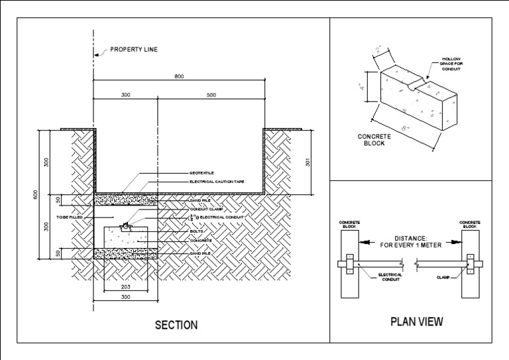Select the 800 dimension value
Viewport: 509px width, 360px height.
pos(179,76)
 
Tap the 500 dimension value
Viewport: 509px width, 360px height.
pos(211,95)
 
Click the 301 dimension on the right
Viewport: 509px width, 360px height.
pos(308,161)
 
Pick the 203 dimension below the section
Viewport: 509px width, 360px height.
pos(125,287)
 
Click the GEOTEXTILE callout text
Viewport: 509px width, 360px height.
pos(201,173)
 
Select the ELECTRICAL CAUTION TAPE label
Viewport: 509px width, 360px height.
pos(217,181)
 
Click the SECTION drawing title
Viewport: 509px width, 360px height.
pos(176,325)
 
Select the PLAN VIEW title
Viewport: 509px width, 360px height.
pos(417,322)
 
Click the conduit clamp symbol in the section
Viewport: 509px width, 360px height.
pos(125,227)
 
